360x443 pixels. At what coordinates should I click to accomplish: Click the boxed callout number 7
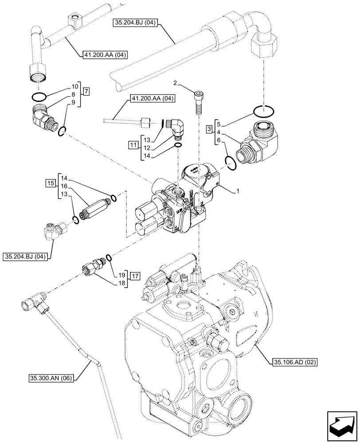(86, 92)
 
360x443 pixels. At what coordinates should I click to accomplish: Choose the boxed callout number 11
(133, 144)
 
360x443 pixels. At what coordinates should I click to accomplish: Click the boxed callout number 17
(135, 275)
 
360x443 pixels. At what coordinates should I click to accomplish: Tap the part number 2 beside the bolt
(176, 83)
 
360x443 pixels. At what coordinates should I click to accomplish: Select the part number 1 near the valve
(238, 191)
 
